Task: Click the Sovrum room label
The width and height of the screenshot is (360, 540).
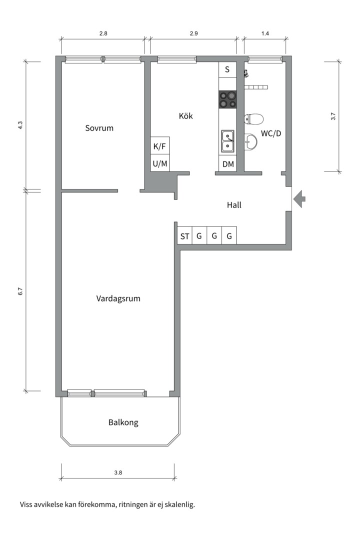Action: pyautogui.click(x=99, y=128)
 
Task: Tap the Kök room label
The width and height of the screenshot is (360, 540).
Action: pyautogui.click(x=185, y=116)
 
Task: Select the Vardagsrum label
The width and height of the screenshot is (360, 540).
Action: pyautogui.click(x=118, y=298)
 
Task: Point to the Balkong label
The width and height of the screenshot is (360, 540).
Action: pyautogui.click(x=123, y=422)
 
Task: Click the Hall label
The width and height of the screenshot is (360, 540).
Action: pyautogui.click(x=234, y=204)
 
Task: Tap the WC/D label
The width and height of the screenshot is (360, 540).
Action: pyautogui.click(x=271, y=134)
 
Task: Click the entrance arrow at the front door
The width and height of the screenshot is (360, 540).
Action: pyautogui.click(x=299, y=199)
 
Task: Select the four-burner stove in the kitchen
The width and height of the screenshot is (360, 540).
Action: pyautogui.click(x=228, y=99)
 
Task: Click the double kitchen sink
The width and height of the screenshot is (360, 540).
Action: pyautogui.click(x=228, y=140)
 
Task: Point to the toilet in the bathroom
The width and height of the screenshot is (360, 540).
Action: pyautogui.click(x=254, y=119)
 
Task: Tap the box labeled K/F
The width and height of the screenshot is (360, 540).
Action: pyautogui.click(x=160, y=146)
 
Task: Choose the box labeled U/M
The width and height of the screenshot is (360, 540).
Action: pyautogui.click(x=160, y=163)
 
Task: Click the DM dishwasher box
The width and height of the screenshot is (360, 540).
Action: pyautogui.click(x=228, y=163)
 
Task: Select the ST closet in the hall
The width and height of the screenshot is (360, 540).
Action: pyautogui.click(x=184, y=236)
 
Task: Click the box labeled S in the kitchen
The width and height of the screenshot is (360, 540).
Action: pyautogui.click(x=227, y=69)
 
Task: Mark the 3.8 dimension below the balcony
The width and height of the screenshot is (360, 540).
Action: pyautogui.click(x=118, y=472)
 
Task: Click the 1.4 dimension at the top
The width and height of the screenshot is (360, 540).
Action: pyautogui.click(x=265, y=33)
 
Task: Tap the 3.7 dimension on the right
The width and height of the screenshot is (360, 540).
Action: pyautogui.click(x=333, y=117)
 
